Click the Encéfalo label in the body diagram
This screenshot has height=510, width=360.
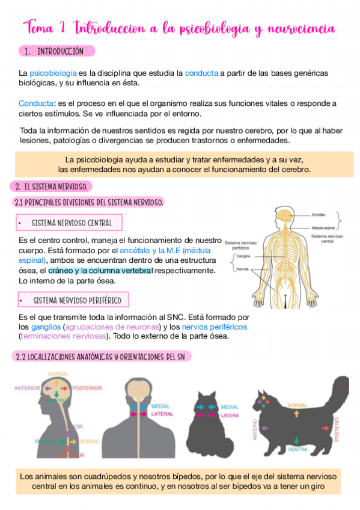[319, 214]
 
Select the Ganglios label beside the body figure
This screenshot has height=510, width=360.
[243, 255]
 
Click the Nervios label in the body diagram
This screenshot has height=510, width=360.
[242, 269]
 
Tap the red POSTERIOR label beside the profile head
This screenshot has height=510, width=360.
[87, 388]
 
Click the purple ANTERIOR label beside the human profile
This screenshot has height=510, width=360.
[28, 388]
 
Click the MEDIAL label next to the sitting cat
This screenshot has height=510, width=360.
[230, 407]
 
